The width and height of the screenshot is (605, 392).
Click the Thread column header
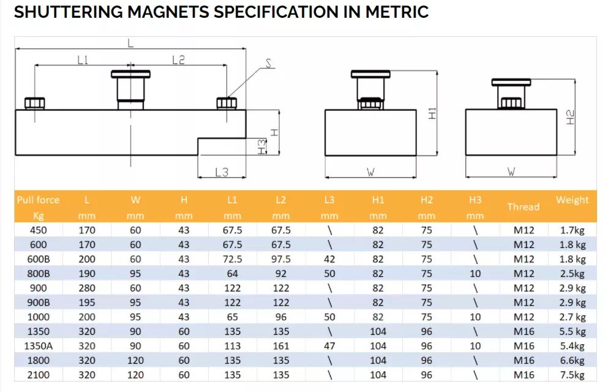pos(523,207)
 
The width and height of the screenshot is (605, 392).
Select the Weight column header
pos(572,200)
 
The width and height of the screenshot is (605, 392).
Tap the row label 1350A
pos(38,346)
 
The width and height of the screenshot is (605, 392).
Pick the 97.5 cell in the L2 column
pos(280,259)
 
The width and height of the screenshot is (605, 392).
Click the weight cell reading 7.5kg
pos(572,375)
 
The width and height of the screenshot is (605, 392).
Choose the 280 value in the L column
pos(87,288)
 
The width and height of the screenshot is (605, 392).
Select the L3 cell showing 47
pos(329,346)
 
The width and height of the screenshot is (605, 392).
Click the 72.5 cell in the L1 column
pos(232,259)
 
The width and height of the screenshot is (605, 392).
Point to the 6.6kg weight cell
pos(572,361)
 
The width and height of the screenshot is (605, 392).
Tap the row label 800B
pos(38,274)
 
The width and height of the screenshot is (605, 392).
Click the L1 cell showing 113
pos(232,346)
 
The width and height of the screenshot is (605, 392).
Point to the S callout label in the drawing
pos(268,62)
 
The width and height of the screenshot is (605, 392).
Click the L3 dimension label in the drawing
pos(222,172)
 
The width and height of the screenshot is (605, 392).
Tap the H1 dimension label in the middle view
pos(432,113)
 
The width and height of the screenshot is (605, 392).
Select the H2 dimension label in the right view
pos(570,116)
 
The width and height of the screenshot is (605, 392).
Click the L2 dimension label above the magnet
pos(178,59)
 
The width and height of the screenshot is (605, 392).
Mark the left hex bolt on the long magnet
pos(35,103)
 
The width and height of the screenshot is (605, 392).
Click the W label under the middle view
pos(370,172)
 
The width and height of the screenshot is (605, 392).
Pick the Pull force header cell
pos(38,200)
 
